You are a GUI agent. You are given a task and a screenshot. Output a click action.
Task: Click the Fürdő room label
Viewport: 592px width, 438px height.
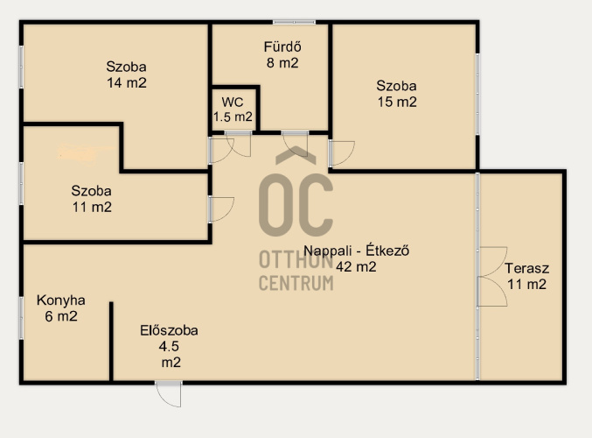coord(282,47)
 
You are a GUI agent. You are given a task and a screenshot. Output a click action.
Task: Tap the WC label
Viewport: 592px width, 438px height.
coord(233,102)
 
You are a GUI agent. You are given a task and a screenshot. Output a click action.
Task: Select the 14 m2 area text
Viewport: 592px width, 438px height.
coord(127,83)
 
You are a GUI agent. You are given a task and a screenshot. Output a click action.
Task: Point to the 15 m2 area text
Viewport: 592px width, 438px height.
coord(397,102)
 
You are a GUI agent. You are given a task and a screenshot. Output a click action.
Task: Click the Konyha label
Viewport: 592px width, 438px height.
coord(61,300)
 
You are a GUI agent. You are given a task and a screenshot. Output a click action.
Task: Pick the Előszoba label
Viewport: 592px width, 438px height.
coord(169,330)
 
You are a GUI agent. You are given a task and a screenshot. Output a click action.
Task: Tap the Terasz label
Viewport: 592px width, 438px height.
coord(526,269)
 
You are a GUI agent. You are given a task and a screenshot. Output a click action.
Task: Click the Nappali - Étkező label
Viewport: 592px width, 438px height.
coord(357,251)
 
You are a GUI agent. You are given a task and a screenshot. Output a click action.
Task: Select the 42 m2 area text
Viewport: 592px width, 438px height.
coord(356,266)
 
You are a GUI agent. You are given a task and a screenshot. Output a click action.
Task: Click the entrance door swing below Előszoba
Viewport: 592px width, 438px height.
coord(169,394)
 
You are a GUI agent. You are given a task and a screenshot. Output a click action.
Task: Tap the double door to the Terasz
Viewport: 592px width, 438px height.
coord(492,277)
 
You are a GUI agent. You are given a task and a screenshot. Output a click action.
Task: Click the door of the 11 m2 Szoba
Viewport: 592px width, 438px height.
coord(221,209)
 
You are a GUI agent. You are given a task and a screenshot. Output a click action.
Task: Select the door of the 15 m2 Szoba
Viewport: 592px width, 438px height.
coord(342,153)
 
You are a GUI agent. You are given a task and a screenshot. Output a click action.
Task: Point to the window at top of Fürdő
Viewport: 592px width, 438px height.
coord(294,22)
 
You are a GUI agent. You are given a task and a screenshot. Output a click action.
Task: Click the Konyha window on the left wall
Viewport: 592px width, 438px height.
coord(22,318)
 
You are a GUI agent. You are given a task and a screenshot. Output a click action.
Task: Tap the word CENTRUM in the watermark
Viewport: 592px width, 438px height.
coord(296,283)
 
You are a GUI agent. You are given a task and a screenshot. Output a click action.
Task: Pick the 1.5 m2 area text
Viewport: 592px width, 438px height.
coord(233,117)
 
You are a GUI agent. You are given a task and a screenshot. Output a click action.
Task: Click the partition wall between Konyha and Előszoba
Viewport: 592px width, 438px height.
coord(111,341)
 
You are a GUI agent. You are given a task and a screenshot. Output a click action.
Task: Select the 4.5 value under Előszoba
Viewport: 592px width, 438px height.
coord(169,346)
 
